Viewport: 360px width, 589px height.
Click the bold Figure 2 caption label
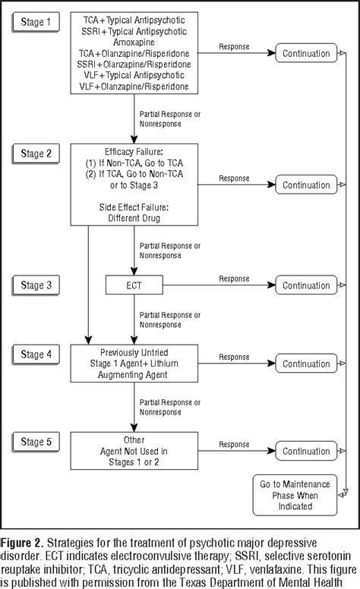coord(24,543)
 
